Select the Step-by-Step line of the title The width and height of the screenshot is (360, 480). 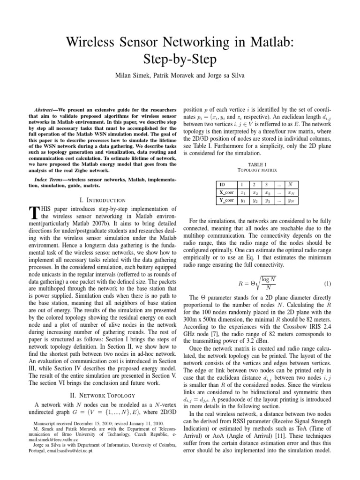[x=180, y=61]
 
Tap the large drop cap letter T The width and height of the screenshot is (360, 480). [x=33, y=213]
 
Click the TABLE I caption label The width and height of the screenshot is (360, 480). [x=259, y=165]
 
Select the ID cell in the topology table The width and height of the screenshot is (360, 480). [x=223, y=185]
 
